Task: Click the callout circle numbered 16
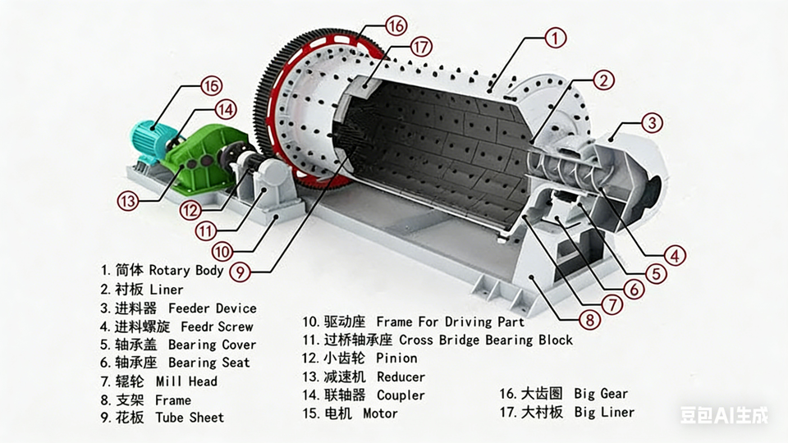pyautogui.click(x=396, y=26)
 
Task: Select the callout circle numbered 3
pyautogui.click(x=651, y=124)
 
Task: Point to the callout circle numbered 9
pyautogui.click(x=239, y=271)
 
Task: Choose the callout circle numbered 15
pyautogui.click(x=211, y=85)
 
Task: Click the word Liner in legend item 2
pyautogui.click(x=167, y=290)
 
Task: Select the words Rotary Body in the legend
pyautogui.click(x=186, y=270)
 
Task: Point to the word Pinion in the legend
pyautogui.click(x=396, y=359)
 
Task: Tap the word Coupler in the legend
pyautogui.click(x=401, y=395)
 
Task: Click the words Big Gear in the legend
pyautogui.click(x=601, y=395)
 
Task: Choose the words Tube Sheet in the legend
pyautogui.click(x=190, y=418)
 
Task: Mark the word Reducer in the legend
pyautogui.click(x=401, y=377)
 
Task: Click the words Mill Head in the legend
pyautogui.click(x=186, y=381)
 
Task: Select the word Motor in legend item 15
pyautogui.click(x=380, y=413)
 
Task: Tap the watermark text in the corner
pyautogui.click(x=724, y=416)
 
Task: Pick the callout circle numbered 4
pyautogui.click(x=675, y=255)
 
